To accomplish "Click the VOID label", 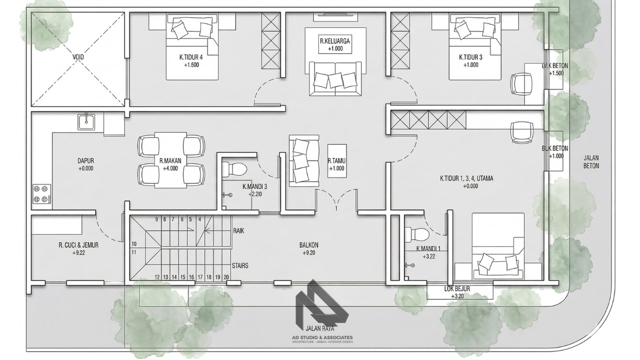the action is (x=78, y=57).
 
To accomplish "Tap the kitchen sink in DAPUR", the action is (x=87, y=122).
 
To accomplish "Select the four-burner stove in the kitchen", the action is (x=42, y=194).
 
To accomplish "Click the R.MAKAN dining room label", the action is (x=170, y=164).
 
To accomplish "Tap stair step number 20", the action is (x=226, y=277).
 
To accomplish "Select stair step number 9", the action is (x=156, y=219).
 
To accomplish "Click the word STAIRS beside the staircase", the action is (x=240, y=266).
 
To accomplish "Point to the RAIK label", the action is (x=238, y=231).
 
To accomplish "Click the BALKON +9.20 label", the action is (x=309, y=249).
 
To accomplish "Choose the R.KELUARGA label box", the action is (x=335, y=45).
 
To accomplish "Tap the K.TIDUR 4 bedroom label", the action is (x=191, y=61).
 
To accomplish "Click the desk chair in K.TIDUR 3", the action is (x=521, y=83).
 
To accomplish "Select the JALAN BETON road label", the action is (x=591, y=161).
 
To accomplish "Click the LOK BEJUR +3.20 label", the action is (x=457, y=292).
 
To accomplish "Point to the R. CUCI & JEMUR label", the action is (x=78, y=249).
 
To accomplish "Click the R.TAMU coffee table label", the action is (x=336, y=165).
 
